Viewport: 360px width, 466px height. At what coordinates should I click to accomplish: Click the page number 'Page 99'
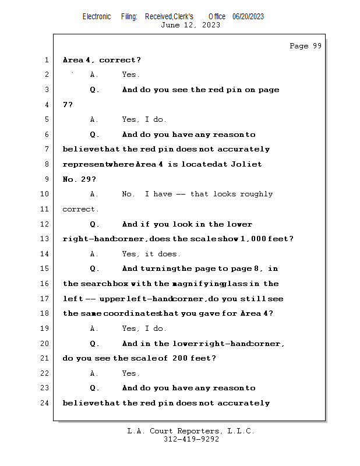pos(305,46)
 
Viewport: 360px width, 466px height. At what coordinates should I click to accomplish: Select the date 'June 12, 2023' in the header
pos(190,25)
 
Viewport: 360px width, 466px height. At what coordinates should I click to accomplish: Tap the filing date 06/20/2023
pos(248,16)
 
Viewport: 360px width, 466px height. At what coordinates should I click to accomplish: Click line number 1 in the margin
pos(46,60)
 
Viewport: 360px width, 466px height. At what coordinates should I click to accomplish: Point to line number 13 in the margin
pos(44,239)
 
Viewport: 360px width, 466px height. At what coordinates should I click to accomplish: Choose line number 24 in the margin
pos(44,403)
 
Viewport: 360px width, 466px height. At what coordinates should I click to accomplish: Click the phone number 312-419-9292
pos(191,439)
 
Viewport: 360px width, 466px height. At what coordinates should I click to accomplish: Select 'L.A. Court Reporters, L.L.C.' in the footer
pos(190,431)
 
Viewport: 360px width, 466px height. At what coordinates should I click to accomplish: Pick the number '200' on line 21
pos(182,358)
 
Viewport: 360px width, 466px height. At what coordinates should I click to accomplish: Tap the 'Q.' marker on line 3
pos(94,90)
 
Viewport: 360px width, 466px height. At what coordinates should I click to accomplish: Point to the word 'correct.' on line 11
pos(80,209)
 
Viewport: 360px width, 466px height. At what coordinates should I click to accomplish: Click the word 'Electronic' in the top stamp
pos(97,16)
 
